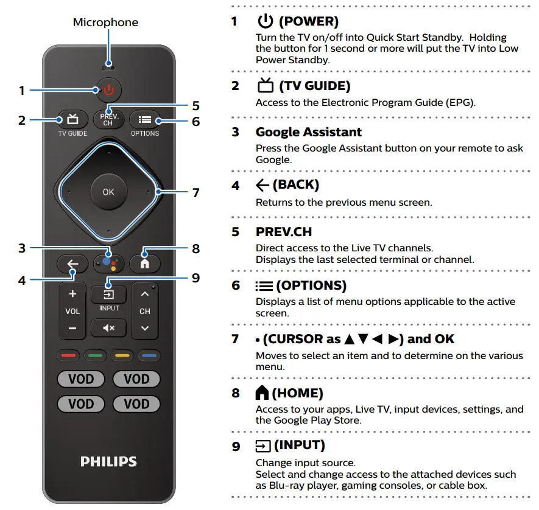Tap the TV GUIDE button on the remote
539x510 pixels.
[72, 119]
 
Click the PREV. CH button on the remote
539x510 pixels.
[108, 119]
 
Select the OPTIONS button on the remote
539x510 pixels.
[144, 119]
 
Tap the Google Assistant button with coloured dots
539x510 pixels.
[108, 263]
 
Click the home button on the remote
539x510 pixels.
[144, 263]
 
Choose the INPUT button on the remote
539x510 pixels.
[108, 295]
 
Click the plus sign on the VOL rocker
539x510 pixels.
[72, 295]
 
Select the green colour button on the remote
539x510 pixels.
[94, 354]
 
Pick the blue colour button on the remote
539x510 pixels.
[148, 354]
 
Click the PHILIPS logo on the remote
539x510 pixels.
[108, 461]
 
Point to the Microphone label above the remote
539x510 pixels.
[105, 23]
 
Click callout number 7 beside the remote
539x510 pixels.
[196, 193]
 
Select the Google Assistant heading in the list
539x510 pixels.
[308, 132]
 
